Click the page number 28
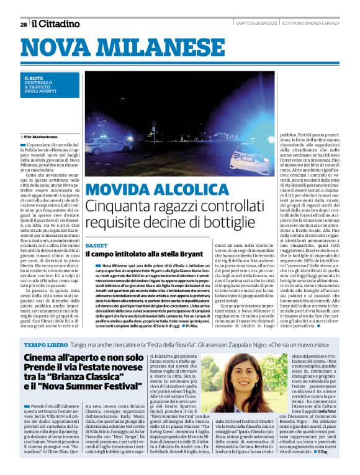pyautogui.click(x=23, y=24)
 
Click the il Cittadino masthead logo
pyautogui.click(x=56, y=24)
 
